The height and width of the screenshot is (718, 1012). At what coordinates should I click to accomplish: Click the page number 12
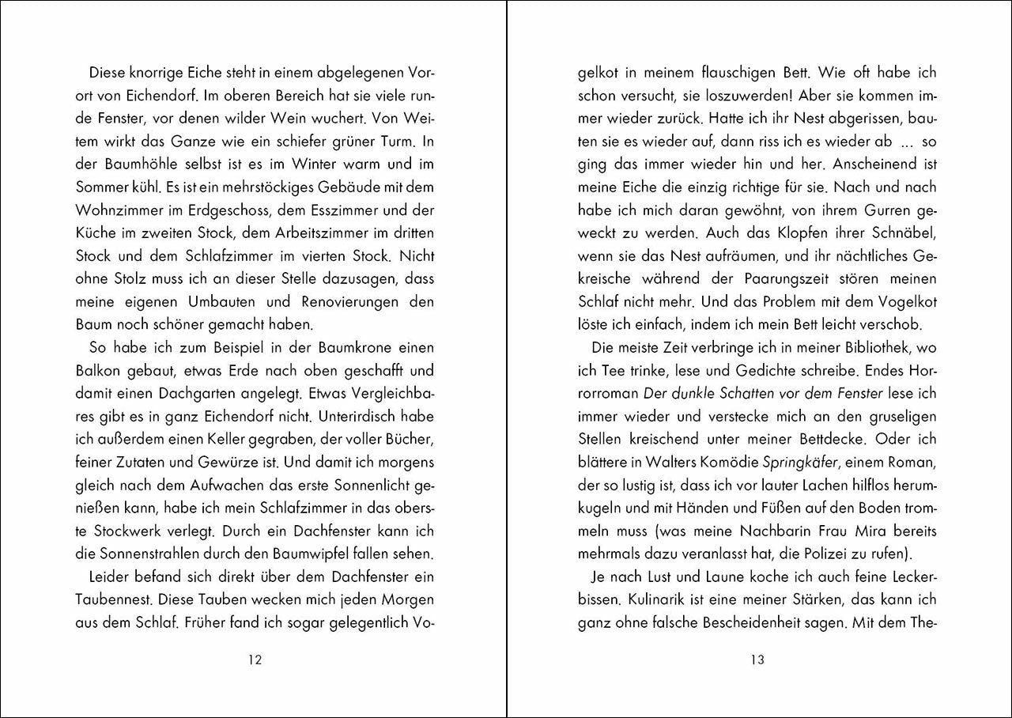click(x=255, y=660)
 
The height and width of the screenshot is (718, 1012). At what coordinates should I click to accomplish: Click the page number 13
click(x=757, y=660)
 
